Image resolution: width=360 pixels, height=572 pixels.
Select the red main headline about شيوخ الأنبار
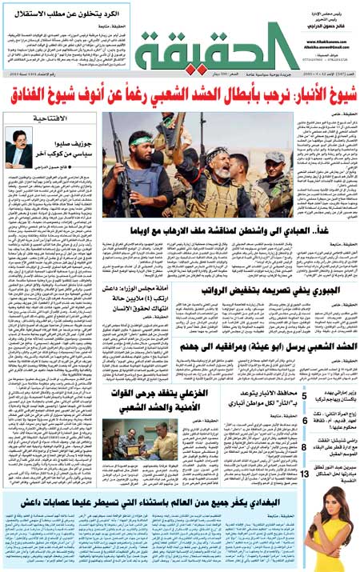tap(180, 97)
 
